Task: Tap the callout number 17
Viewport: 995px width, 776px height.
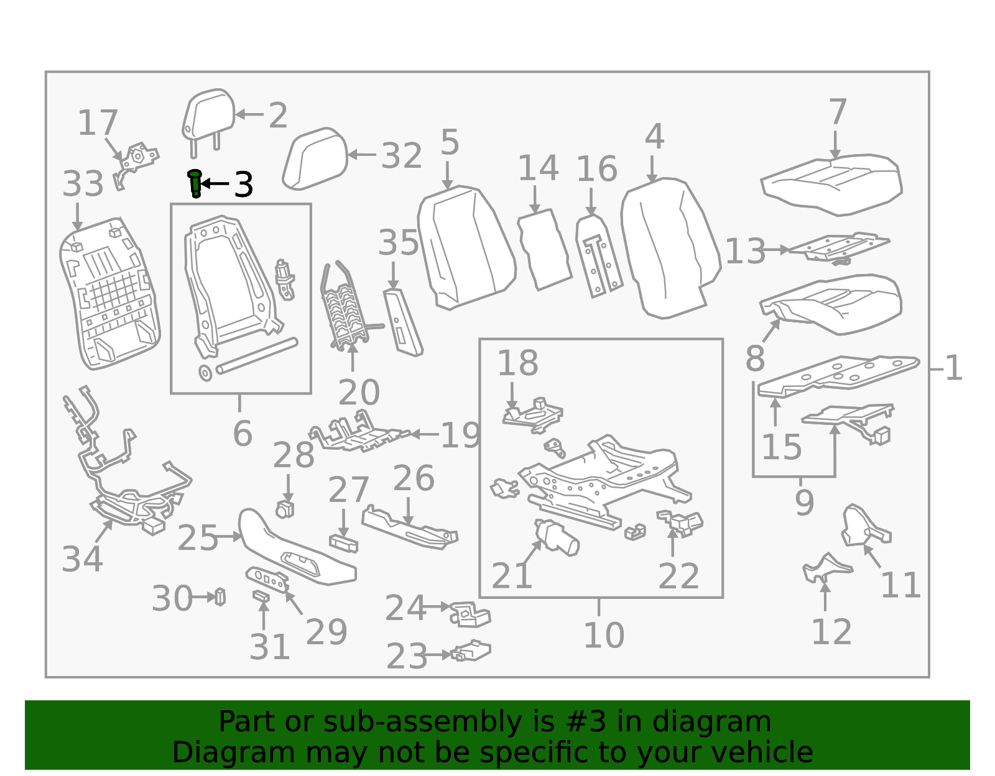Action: [x=98, y=123]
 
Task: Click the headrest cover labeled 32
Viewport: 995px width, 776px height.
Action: [x=315, y=158]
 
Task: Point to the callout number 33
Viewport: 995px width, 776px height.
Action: [x=83, y=184]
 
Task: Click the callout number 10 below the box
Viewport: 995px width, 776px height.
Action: [x=604, y=635]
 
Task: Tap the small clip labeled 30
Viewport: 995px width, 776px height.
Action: [x=220, y=596]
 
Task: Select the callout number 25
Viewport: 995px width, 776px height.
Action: [x=197, y=538]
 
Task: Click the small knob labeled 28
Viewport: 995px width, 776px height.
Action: [x=285, y=509]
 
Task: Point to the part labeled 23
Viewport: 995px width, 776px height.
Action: [x=471, y=651]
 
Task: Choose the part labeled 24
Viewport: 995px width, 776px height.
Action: [x=470, y=614]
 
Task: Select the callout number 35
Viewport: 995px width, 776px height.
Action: [x=399, y=242]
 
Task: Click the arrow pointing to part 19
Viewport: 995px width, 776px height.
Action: [x=424, y=434]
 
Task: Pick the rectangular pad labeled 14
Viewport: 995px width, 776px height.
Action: [x=544, y=250]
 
